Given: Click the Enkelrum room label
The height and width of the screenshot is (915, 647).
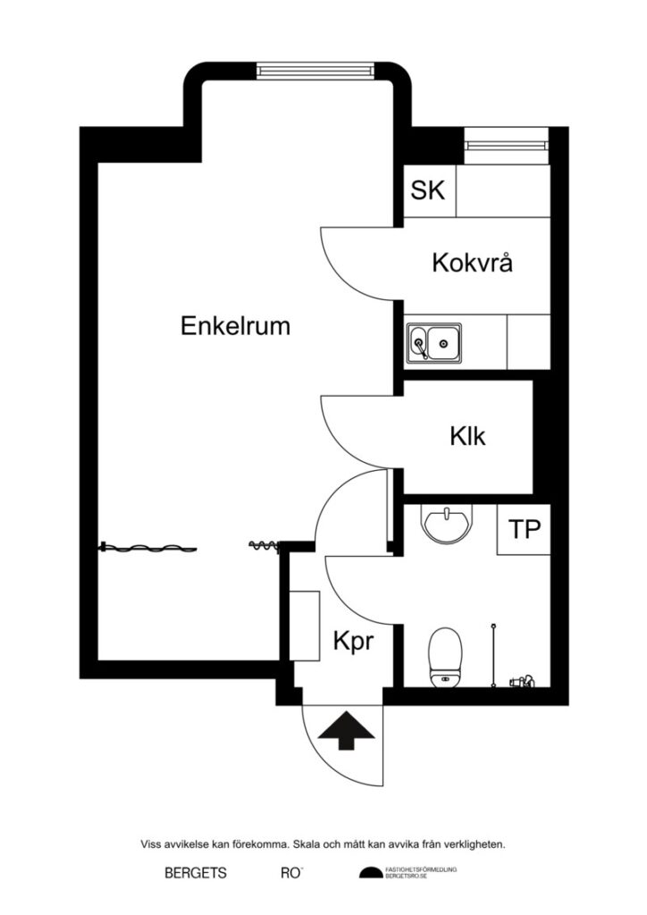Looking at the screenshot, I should click(x=235, y=326).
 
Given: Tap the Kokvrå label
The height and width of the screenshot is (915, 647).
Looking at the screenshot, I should click(x=473, y=264).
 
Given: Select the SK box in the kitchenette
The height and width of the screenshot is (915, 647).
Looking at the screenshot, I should click(x=429, y=190).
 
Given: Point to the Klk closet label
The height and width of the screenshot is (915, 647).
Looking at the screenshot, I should click(x=467, y=437).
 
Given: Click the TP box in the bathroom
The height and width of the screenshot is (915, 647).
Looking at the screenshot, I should click(x=525, y=529).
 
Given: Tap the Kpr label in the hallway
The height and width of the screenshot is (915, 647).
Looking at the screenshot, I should click(x=352, y=642).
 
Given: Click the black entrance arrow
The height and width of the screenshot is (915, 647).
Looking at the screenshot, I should click(x=347, y=730).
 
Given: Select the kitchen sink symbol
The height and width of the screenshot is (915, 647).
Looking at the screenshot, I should click(x=434, y=342).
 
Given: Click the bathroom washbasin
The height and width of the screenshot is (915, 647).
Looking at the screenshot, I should click(x=444, y=524).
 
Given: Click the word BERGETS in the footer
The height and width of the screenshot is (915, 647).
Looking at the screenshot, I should click(x=196, y=873).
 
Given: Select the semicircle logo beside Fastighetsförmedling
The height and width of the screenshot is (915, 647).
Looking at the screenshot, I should click(x=370, y=873).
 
